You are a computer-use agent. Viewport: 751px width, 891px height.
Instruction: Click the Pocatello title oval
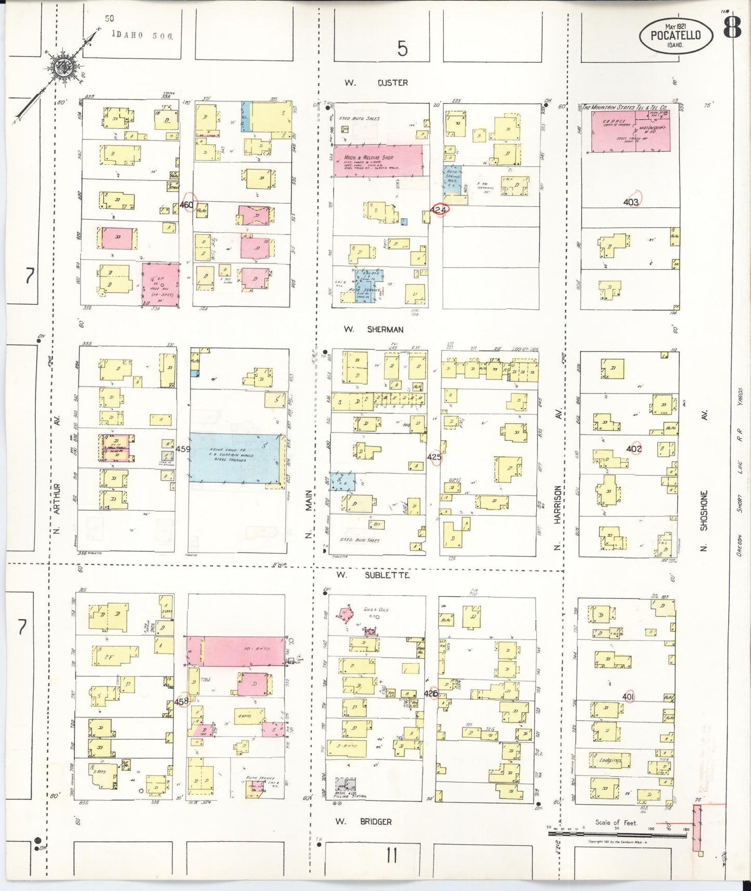coord(676,35)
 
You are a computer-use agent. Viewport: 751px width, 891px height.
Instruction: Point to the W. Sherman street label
coord(373,330)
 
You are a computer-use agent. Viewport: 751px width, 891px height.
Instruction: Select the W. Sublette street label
coord(373,575)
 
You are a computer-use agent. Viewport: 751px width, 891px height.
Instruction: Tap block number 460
coord(186,205)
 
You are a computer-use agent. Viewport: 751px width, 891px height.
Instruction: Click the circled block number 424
coord(439,210)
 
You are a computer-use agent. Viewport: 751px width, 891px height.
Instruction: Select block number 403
coord(631,202)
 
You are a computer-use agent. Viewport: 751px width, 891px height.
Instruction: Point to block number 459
coord(183,449)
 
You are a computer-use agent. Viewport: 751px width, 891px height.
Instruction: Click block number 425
coord(434,457)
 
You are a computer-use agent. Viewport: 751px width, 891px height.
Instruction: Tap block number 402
coord(634,449)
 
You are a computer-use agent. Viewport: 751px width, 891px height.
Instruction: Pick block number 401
coord(628,697)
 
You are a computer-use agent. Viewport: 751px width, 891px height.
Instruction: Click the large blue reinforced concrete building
coord(234,457)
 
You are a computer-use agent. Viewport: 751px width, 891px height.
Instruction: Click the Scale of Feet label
coord(616,823)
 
